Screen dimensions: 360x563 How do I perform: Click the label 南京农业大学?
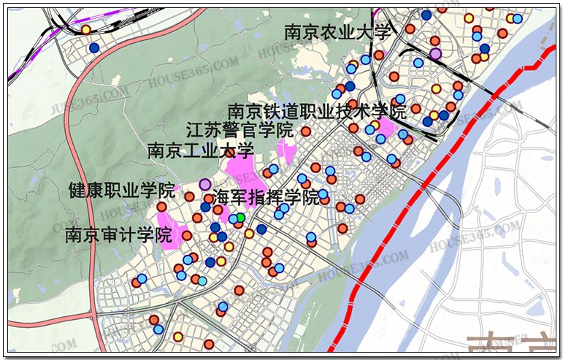338,32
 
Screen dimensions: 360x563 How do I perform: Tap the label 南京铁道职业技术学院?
316,112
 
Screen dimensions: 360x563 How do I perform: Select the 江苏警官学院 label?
239,131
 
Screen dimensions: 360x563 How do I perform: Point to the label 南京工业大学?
199,151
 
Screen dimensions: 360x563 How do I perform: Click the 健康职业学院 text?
121,191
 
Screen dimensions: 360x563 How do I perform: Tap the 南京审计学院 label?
118,235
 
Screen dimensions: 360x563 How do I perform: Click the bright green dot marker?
240,217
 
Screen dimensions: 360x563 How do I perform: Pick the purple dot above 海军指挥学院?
205,183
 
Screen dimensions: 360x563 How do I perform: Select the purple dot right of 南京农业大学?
435,53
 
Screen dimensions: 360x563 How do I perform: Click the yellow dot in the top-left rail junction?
85,30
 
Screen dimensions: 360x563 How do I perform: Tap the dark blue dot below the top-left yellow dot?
93,47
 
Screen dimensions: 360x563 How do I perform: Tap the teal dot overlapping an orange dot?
202,281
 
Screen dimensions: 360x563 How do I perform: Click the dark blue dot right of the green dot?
261,229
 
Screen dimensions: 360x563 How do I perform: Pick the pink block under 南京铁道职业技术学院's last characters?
386,127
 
